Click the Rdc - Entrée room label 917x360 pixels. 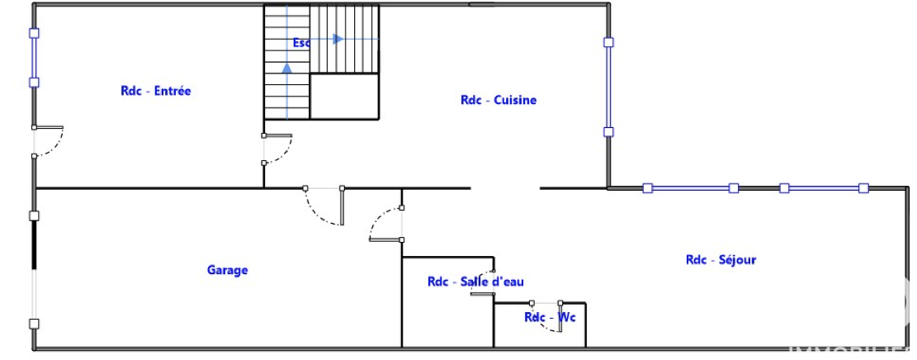coord(155,91)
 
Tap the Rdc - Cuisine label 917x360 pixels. coord(498,100)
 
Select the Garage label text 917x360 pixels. coord(227,270)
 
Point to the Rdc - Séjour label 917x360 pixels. coord(721,260)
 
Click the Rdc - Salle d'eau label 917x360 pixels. coord(475,282)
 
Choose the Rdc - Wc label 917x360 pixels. coord(550,317)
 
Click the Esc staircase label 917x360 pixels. coord(300,42)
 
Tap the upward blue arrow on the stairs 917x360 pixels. coord(286,68)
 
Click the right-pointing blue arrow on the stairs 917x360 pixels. coord(337,39)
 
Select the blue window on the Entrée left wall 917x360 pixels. coord(34,58)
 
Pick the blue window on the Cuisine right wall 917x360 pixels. coord(608,87)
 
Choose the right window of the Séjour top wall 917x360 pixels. coord(824,188)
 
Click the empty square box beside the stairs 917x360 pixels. coord(344,96)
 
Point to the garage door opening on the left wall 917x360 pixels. coord(34,268)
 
